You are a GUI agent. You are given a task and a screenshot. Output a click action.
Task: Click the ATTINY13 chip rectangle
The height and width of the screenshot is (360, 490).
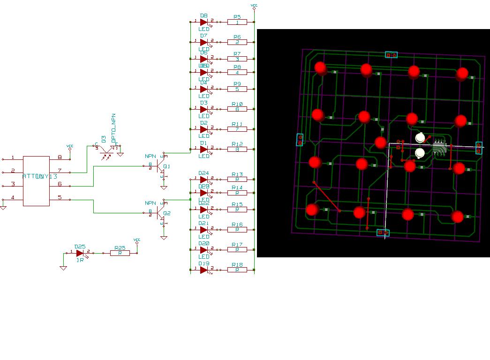pyautogui.click(x=36, y=181)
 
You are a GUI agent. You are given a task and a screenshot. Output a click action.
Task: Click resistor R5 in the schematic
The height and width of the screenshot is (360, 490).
pyautogui.click(x=237, y=22)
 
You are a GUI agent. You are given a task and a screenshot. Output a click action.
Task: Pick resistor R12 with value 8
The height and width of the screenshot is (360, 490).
pyautogui.click(x=237, y=150)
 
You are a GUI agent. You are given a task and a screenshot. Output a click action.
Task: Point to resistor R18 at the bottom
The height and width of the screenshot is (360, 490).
pyautogui.click(x=237, y=270)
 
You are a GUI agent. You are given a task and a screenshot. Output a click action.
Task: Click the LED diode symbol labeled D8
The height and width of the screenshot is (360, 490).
pyautogui.click(x=204, y=22)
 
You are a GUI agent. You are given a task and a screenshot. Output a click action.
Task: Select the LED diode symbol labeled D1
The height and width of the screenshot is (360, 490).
pyautogui.click(x=204, y=150)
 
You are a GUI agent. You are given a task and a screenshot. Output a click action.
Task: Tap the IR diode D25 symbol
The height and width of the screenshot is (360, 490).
pyautogui.click(x=79, y=253)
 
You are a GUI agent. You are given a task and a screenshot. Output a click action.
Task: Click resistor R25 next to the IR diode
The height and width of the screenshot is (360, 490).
pyautogui.click(x=120, y=253)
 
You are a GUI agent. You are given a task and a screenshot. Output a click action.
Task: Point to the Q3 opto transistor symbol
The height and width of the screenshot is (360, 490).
pyautogui.click(x=106, y=148)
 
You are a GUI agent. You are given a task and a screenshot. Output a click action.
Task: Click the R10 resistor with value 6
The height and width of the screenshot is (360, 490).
pyautogui.click(x=237, y=109)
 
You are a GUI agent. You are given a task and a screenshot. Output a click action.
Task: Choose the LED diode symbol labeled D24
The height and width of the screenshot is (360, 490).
pyautogui.click(x=204, y=179)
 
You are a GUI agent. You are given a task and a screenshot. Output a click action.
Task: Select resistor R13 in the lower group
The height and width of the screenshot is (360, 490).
pyautogui.click(x=237, y=179)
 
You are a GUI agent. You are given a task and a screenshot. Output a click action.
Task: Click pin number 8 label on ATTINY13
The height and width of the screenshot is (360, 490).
pyautogui.click(x=60, y=157)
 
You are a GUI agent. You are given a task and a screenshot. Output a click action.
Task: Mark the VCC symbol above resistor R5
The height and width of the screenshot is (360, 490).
pyautogui.click(x=254, y=7)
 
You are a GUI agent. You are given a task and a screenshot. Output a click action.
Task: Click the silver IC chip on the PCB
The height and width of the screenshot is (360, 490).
pyautogui.click(x=439, y=146)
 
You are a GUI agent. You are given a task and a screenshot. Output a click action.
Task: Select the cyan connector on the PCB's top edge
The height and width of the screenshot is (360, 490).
pyautogui.click(x=391, y=55)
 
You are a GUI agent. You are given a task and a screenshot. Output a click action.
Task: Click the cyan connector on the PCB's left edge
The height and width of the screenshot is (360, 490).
pyautogui.click(x=300, y=139)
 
